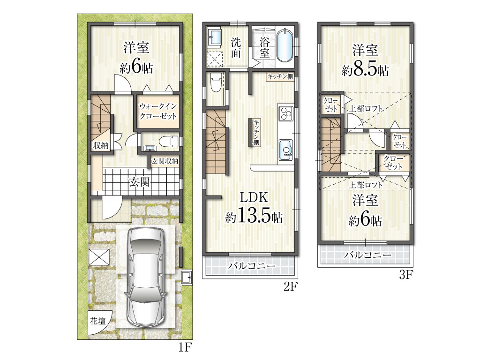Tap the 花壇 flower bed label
tap(98, 321)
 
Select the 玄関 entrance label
tap(139, 182)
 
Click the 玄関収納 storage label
tap(165, 161)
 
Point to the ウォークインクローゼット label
tap(158, 111)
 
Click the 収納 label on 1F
tap(101, 145)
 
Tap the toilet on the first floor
tap(169, 142)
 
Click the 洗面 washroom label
tap(236, 48)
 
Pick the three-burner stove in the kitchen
tap(286, 112)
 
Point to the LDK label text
tap(254, 197)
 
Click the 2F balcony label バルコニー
tap(252, 266)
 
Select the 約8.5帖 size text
tap(365, 70)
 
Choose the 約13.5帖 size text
tap(254, 217)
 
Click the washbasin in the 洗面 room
tap(216, 37)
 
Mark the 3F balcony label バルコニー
tap(367, 255)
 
